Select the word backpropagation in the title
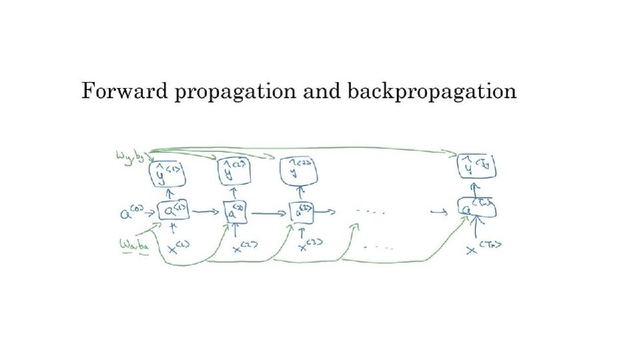pos(432,92)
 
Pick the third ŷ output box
pos(299,172)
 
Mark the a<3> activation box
pos(302,213)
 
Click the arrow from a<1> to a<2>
pos(207,212)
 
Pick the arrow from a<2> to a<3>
pos(270,213)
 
